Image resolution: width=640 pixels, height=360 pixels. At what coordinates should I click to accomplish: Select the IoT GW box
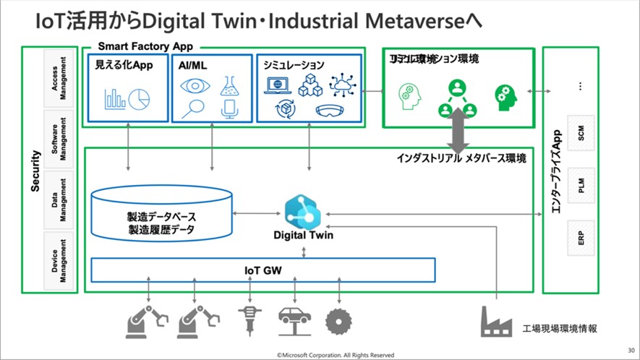(x=263, y=270)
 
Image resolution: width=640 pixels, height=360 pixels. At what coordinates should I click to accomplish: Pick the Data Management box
(x=59, y=199)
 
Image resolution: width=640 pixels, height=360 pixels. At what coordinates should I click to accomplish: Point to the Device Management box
(x=59, y=260)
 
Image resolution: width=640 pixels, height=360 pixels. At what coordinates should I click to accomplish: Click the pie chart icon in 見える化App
(x=140, y=98)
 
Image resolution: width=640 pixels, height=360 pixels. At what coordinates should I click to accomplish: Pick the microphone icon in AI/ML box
(x=230, y=109)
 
